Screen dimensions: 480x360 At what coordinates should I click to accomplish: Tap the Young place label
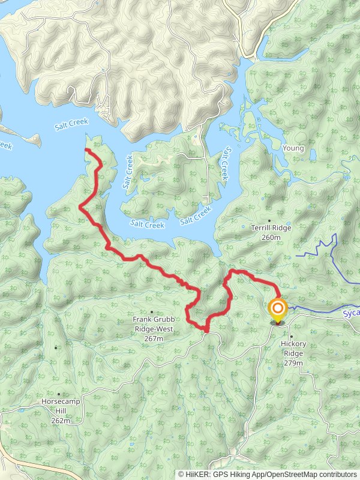click(x=293, y=148)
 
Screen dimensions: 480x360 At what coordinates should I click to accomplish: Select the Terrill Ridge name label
click(x=271, y=229)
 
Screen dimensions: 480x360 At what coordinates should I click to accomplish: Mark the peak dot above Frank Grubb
click(x=151, y=311)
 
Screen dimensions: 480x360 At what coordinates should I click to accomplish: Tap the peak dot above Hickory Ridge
click(x=291, y=336)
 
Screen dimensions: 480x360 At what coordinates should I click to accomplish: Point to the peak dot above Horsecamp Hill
click(x=56, y=347)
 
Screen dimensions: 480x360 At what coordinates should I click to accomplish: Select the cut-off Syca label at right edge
click(x=350, y=313)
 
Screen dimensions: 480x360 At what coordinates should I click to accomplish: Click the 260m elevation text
click(x=271, y=238)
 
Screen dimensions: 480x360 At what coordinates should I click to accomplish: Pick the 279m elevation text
click(x=293, y=363)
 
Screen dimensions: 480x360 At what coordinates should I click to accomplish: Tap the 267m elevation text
click(x=154, y=339)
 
